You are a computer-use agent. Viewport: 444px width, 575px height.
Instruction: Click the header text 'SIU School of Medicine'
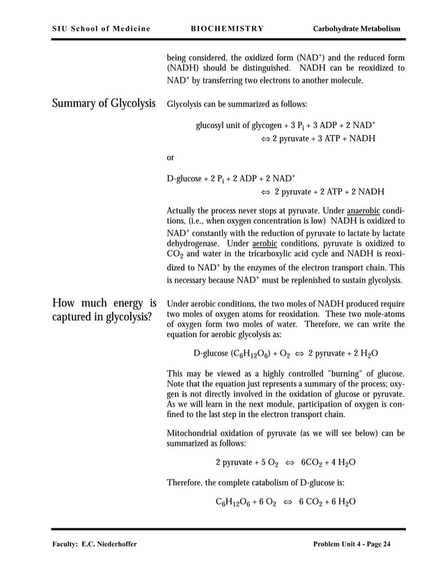(101, 29)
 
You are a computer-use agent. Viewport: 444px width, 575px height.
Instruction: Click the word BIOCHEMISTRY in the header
(227, 29)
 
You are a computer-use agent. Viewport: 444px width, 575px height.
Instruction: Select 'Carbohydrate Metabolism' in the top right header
(357, 29)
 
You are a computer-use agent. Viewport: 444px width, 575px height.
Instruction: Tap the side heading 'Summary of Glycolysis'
(104, 104)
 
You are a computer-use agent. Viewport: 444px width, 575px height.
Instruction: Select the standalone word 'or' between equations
(171, 158)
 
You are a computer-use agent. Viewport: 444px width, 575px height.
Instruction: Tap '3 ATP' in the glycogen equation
(320, 139)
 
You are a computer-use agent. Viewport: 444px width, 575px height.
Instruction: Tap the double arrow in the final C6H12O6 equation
(287, 502)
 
